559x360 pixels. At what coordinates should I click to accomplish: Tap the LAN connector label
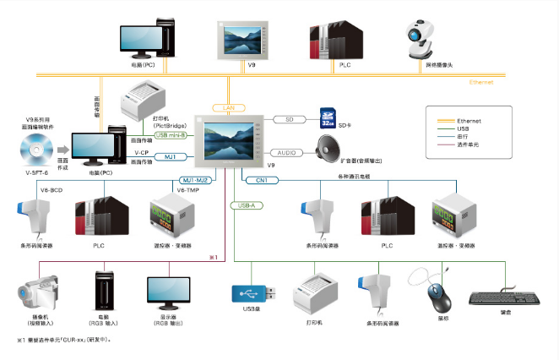[x=228, y=108]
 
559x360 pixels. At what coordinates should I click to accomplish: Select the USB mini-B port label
[x=172, y=134]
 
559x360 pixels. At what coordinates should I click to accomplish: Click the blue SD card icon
[x=328, y=120]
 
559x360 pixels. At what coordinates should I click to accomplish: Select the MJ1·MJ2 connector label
[x=197, y=180]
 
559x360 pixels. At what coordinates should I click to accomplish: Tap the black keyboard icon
[x=505, y=297]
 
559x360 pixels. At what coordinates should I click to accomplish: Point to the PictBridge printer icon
[x=143, y=99]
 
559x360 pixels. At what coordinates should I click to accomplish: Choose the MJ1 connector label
[x=170, y=157]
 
